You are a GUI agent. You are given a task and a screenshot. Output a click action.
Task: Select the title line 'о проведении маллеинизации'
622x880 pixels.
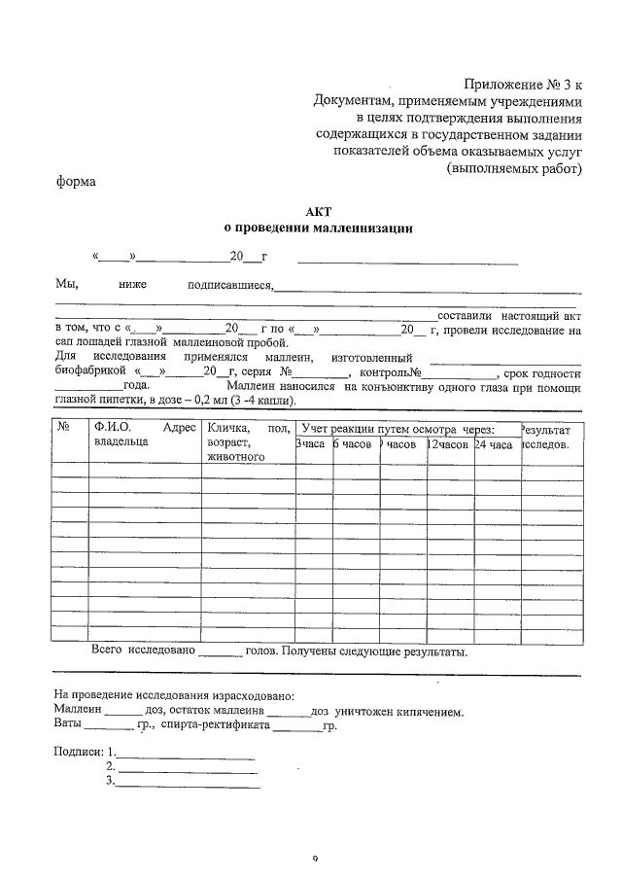[318, 229]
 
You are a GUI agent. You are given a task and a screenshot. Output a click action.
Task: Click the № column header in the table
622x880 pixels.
[63, 428]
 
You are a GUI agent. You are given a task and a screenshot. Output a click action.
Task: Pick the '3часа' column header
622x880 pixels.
[311, 443]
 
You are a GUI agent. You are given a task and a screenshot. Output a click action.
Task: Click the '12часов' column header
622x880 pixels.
[449, 443]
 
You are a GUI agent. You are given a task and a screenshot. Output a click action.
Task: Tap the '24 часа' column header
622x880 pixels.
[495, 443]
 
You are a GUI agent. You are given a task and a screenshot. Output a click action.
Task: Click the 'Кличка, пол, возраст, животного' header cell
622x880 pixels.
[247, 441]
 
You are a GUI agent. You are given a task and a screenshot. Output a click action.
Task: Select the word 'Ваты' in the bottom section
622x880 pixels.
[68, 724]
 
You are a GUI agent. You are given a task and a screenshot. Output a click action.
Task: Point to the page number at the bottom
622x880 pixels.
[316, 860]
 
